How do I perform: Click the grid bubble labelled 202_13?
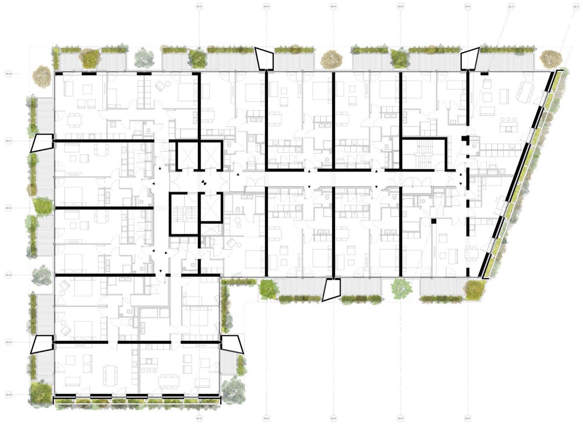(511, 7)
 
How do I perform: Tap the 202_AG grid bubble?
(9, 73)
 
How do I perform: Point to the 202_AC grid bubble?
(9, 342)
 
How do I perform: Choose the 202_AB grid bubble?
(9, 395)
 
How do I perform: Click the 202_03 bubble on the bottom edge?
(198, 418)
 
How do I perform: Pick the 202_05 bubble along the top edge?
(333, 7)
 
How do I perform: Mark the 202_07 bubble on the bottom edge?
(467, 418)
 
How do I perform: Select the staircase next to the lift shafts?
(185, 214)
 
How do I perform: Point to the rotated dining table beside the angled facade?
(526, 91)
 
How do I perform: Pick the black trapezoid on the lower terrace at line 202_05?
(331, 290)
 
